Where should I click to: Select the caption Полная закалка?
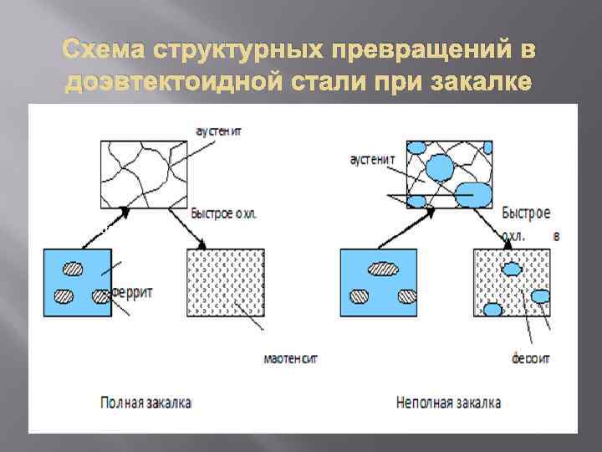pyautogui.click(x=145, y=403)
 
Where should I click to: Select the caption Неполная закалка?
pyautogui.click(x=449, y=403)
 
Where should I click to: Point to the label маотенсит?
pyautogui.click(x=291, y=359)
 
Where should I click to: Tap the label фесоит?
pyautogui.click(x=531, y=359)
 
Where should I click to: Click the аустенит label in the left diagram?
pyautogui.click(x=219, y=131)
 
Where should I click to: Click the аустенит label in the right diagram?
pyautogui.click(x=374, y=158)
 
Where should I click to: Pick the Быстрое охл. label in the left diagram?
pyautogui.click(x=224, y=213)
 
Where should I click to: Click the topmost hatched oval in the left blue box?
pyautogui.click(x=73, y=269)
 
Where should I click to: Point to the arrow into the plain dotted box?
pyautogui.click(x=188, y=227)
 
